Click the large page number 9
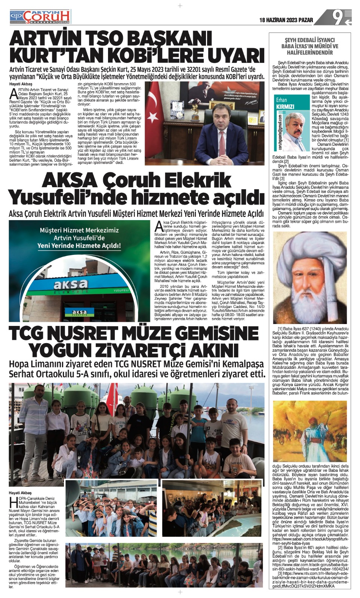(x=339, y=17)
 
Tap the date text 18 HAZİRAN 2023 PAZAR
(x=287, y=20)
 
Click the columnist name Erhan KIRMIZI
(x=285, y=104)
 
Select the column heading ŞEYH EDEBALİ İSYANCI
(x=310, y=40)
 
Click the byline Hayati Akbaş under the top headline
(x=21, y=84)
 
